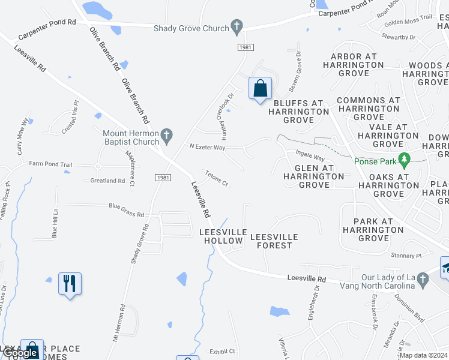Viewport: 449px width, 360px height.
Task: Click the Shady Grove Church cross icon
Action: [x=237, y=28]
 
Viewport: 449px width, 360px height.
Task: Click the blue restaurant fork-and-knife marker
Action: [x=70, y=283]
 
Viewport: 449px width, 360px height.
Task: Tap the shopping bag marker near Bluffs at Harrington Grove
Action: [x=260, y=88]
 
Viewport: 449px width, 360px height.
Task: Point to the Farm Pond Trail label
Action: [x=50, y=164]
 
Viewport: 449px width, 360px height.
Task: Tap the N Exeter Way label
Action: [x=207, y=146]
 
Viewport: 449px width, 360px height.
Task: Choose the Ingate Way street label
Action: [x=310, y=157]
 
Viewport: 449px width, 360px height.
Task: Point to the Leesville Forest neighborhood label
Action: [x=274, y=241]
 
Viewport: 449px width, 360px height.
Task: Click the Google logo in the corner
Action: [x=21, y=353]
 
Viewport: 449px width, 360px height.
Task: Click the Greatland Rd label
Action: [x=107, y=180]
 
